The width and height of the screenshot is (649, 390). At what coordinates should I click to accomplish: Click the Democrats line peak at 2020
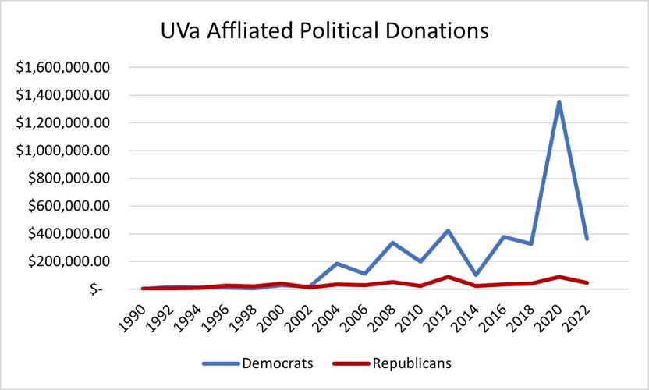pos(559,101)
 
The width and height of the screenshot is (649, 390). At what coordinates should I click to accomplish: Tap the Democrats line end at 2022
pos(585,239)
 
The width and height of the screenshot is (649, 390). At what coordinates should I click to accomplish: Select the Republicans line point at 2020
pos(559,277)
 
